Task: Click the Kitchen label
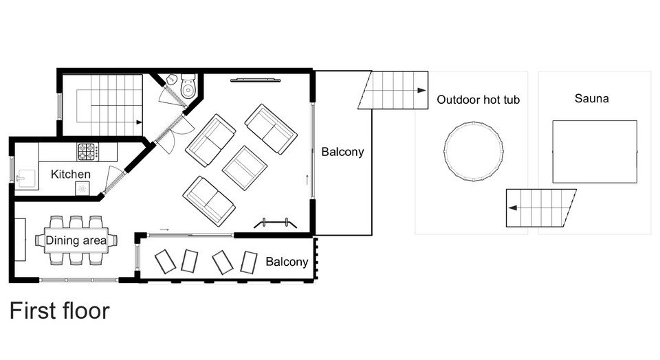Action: tap(70, 174)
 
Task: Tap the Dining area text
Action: tap(76, 240)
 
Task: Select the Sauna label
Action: tap(591, 98)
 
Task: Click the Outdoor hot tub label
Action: tap(478, 100)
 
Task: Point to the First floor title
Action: tap(59, 311)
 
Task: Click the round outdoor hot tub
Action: tap(474, 151)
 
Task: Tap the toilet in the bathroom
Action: tap(188, 86)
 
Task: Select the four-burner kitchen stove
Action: tap(87, 152)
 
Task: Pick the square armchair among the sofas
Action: tap(245, 168)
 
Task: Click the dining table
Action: tap(76, 240)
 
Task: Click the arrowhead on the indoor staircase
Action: tap(139, 122)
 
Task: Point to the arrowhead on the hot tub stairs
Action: tap(512, 207)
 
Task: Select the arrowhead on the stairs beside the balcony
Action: tap(421, 91)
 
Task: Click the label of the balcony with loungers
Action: tap(287, 262)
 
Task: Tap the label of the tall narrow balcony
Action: tap(342, 152)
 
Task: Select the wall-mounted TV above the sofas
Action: tap(256, 80)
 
